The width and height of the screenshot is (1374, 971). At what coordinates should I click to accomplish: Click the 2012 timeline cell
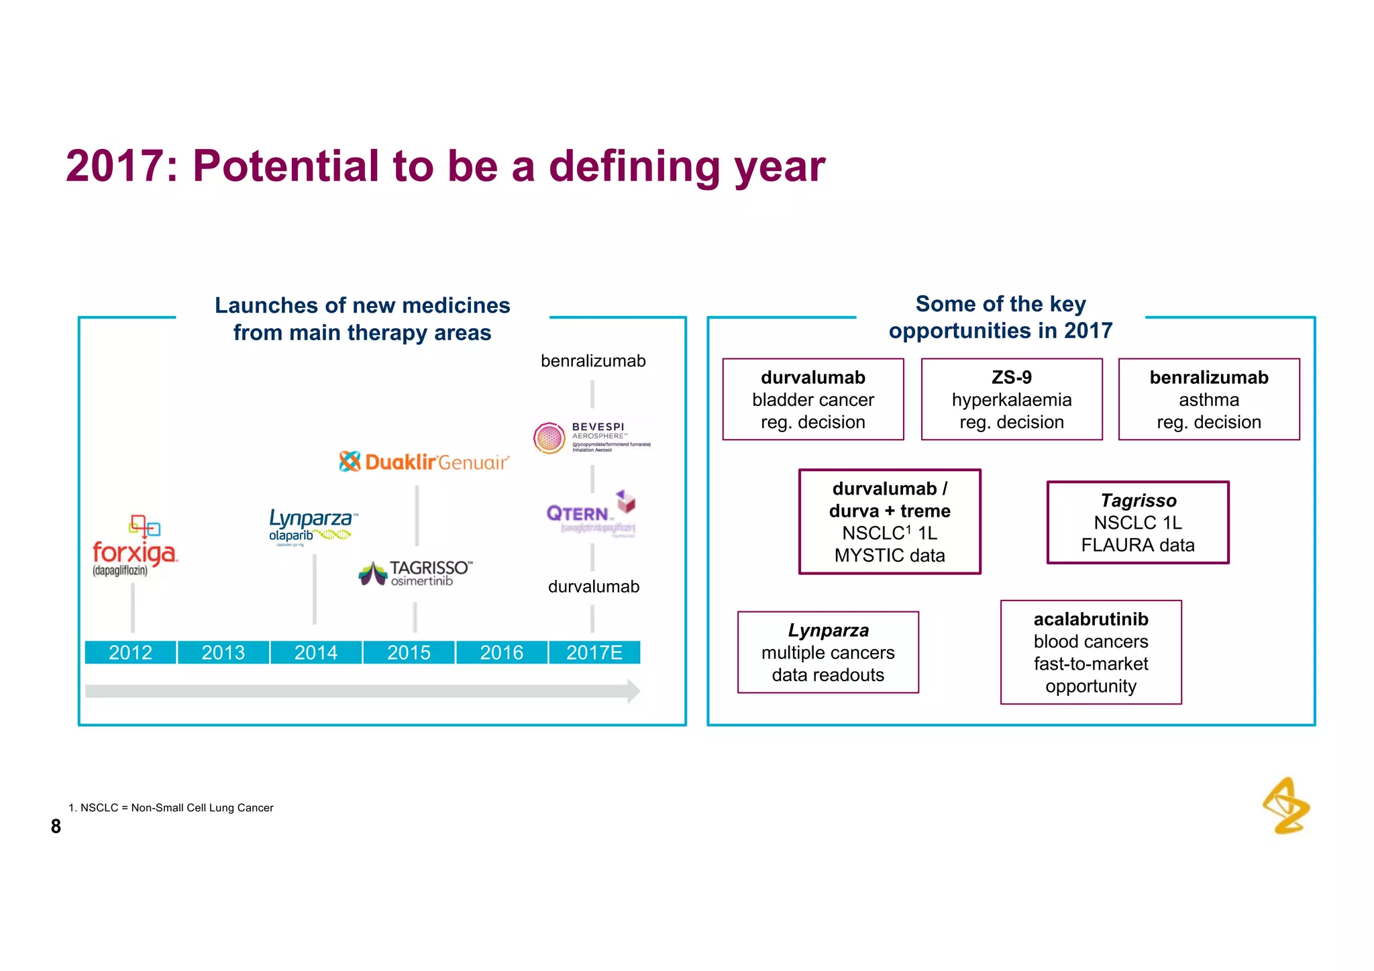(x=130, y=652)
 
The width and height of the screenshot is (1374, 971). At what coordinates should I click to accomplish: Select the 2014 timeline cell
(x=316, y=652)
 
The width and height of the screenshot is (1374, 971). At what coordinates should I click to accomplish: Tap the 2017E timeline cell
(x=594, y=652)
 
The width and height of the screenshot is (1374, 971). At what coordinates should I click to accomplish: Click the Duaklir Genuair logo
(x=424, y=462)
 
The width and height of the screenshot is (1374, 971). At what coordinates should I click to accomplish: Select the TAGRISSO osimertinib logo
(x=416, y=573)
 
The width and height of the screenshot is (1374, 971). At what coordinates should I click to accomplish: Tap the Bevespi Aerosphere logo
(x=590, y=438)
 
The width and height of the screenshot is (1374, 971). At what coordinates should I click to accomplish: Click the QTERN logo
(x=590, y=513)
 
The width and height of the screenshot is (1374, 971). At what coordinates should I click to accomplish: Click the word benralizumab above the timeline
(x=593, y=361)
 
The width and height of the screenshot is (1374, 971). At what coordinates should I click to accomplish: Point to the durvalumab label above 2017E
(x=594, y=586)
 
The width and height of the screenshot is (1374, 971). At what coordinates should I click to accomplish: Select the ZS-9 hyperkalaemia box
(x=1012, y=399)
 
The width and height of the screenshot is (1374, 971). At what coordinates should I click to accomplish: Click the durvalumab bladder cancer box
(x=813, y=399)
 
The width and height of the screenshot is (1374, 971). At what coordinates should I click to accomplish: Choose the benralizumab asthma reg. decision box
(x=1209, y=399)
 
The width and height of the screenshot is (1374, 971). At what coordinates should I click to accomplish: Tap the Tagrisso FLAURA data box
(x=1138, y=522)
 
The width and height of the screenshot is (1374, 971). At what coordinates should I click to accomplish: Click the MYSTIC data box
(x=890, y=521)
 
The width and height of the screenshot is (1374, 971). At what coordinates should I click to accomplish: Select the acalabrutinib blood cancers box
(x=1091, y=652)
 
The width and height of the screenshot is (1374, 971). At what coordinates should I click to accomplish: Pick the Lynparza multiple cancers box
(x=828, y=652)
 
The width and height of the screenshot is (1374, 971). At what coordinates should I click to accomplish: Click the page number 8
(x=56, y=826)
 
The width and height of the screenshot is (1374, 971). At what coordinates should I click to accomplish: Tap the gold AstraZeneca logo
(x=1286, y=806)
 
